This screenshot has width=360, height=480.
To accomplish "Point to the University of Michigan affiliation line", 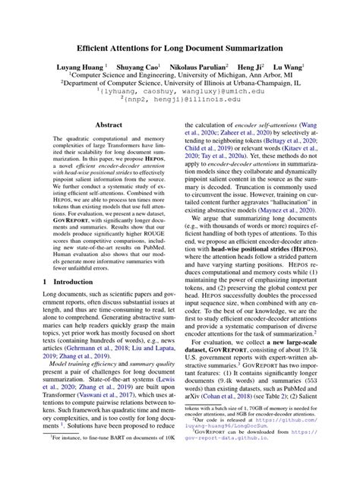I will (180, 76).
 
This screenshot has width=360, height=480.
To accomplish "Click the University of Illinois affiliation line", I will (180, 84).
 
